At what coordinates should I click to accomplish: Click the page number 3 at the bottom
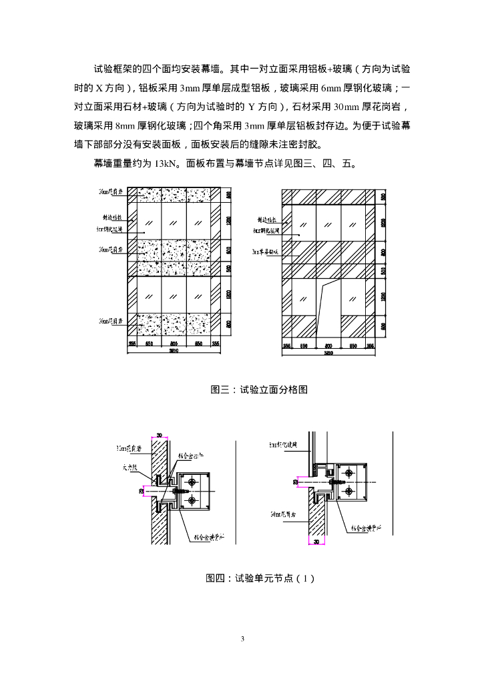[x=242, y=638]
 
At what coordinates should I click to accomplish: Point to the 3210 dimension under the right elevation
[x=328, y=353]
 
